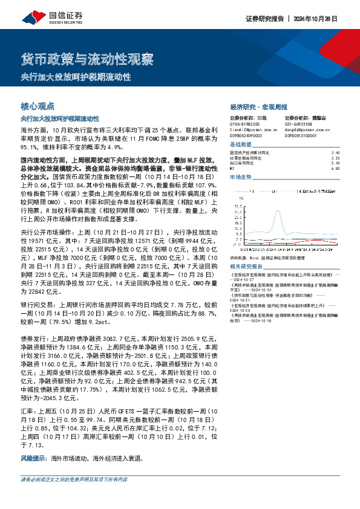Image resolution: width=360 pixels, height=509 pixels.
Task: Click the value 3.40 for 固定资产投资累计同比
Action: (x=335, y=153)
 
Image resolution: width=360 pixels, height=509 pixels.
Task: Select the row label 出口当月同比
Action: (x=244, y=163)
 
